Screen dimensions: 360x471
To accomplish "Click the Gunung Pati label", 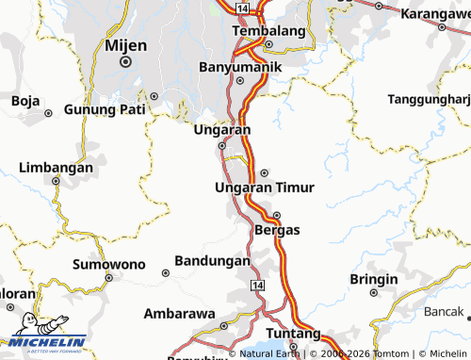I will click(x=104, y=109).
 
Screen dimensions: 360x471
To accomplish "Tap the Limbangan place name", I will click(x=57, y=168).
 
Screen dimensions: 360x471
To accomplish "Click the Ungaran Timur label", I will click(x=265, y=188).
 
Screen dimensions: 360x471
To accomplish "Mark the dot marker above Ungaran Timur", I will click(x=265, y=172).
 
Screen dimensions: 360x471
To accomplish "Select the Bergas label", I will click(x=277, y=230).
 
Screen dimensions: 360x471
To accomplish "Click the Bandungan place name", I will click(x=212, y=260).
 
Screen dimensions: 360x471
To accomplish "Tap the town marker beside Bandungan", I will click(x=165, y=272).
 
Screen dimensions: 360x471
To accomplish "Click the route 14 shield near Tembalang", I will click(x=243, y=8).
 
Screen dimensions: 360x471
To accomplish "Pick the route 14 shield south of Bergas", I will click(x=257, y=284).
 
